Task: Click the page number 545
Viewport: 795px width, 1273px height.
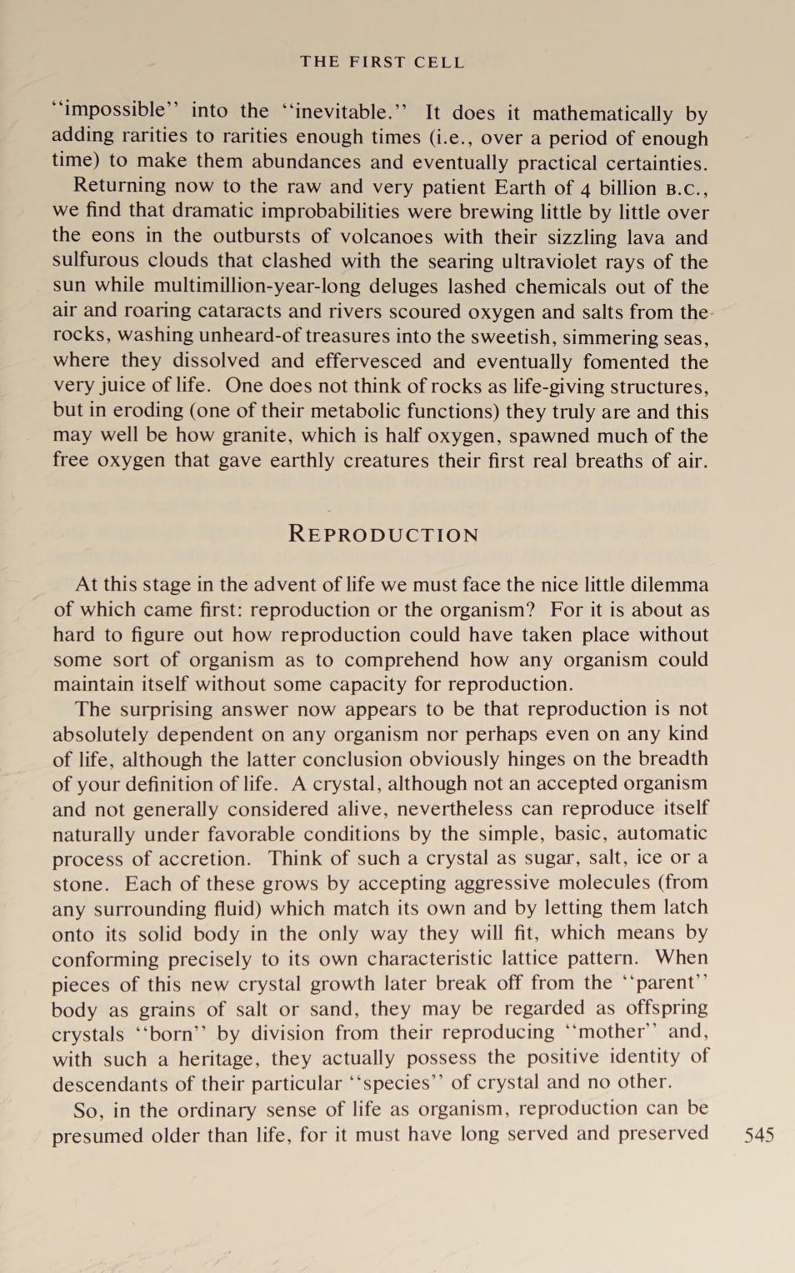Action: [x=758, y=1135]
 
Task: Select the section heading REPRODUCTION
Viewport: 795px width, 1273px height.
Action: [x=383, y=534]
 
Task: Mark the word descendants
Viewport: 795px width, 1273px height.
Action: [x=108, y=1084]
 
